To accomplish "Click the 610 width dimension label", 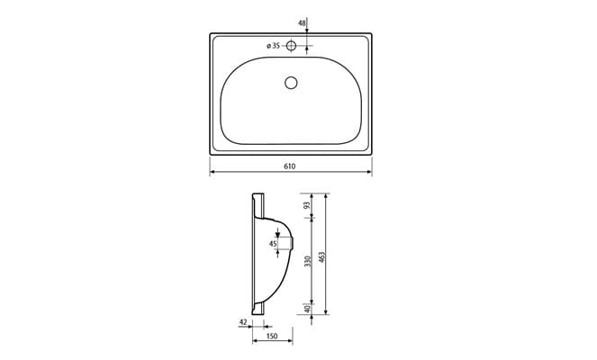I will pos(290,166).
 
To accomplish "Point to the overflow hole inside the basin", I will pos(290,83).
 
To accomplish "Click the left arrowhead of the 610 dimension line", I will pos(213,173).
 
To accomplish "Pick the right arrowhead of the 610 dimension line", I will pos(370,173).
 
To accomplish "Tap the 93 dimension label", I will pos(307,206).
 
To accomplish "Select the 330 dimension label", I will pos(307,261).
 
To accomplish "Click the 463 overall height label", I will pos(322,256).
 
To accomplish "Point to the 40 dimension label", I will pos(307,310).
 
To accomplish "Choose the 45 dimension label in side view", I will pos(273,243).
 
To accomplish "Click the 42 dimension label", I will pos(243,321).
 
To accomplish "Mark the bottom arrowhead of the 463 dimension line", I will pos(327,314).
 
